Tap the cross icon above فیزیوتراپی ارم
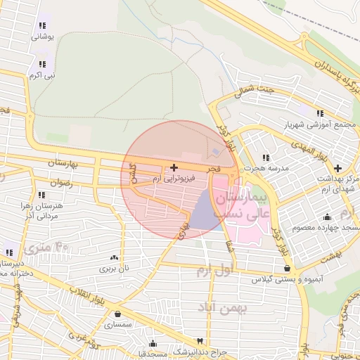(x=174, y=167)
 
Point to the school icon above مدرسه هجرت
(x=265, y=157)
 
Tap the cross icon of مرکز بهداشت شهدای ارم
(x=338, y=168)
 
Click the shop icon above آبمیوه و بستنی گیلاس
(x=287, y=268)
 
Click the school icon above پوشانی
(x=43, y=26)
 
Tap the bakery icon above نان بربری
(x=114, y=257)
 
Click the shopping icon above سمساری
(x=117, y=314)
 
